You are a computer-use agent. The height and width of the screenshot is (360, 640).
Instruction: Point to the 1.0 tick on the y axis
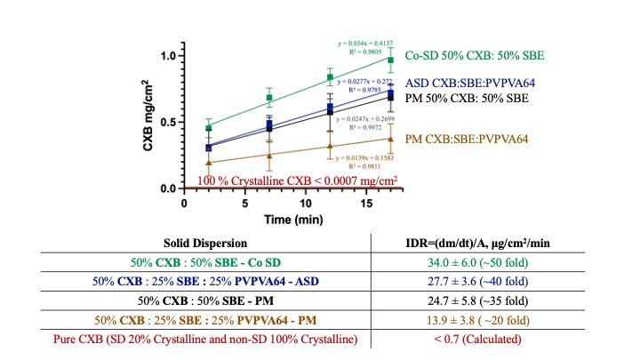coord(165,56)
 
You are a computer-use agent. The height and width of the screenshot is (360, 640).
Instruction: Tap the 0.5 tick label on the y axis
coord(165,123)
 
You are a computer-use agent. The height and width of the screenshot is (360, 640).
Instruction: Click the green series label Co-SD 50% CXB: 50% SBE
coord(475,56)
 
